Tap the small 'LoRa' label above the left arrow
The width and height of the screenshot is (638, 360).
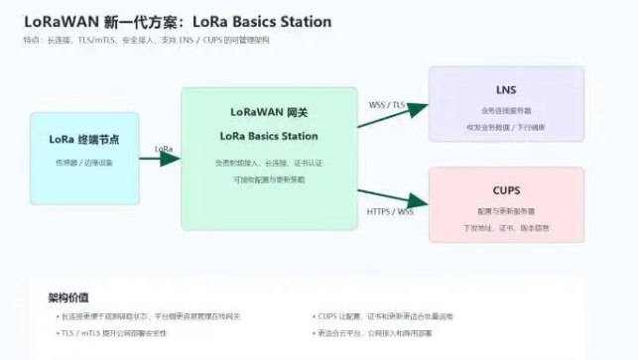164,149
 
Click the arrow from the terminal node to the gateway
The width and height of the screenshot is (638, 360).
165,159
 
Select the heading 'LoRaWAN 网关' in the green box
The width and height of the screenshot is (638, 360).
268,112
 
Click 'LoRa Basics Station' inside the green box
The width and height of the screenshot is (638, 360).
268,136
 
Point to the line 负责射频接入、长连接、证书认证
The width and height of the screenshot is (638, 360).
268,162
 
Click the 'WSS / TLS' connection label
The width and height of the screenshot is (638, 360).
387,104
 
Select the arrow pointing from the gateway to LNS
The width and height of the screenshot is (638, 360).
393,115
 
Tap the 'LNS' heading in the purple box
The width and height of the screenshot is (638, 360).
506,90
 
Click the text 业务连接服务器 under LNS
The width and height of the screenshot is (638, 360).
506,111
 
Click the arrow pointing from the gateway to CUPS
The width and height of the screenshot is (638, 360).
393,196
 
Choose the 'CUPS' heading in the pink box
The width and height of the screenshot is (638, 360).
506,189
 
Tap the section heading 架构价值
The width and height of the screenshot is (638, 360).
67,297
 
